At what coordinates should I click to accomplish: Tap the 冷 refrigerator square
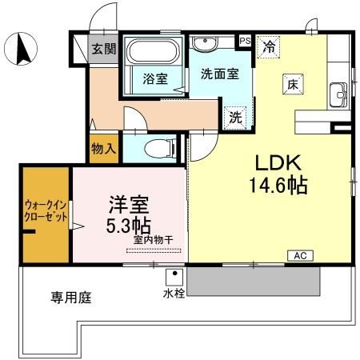[x=270, y=47]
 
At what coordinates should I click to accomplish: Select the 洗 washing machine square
[x=235, y=116]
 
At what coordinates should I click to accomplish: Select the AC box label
[x=300, y=255]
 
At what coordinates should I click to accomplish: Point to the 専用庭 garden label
[x=71, y=299]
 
